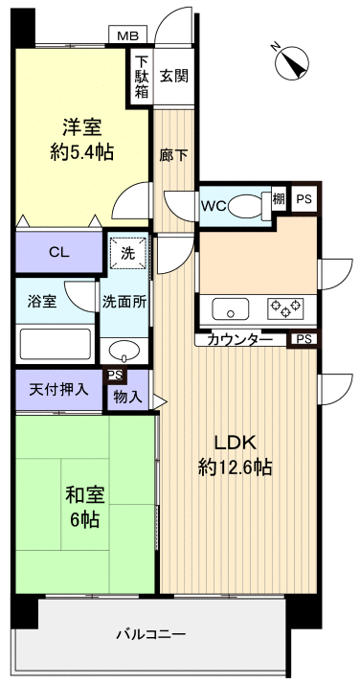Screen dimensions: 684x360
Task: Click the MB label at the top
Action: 126,35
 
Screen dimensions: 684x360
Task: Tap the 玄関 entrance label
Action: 173,76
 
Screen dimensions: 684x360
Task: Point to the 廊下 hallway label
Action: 172,152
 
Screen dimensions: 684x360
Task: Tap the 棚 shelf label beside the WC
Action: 279,199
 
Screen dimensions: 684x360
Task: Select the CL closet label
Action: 58,253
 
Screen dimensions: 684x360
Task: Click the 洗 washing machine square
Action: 127,253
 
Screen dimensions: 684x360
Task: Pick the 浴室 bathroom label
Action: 41,301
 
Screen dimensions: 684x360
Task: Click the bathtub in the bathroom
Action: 56,344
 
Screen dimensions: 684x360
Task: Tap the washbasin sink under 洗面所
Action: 124,349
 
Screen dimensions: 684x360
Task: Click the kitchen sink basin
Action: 231,308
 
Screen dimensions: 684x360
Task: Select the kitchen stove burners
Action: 286,308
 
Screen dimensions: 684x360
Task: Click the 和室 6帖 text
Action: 84,508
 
